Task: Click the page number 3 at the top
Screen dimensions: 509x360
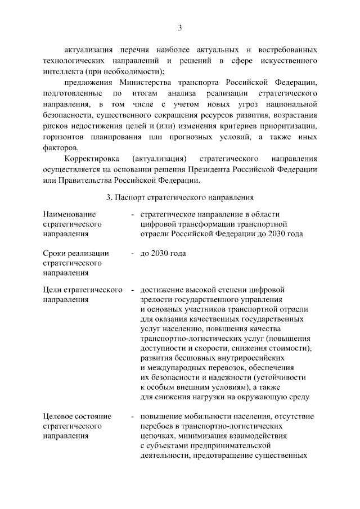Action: point(180,28)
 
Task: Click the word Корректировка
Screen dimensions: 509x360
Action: point(91,159)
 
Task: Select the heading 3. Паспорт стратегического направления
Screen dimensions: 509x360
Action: point(180,197)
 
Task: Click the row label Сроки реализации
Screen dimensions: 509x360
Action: point(76,253)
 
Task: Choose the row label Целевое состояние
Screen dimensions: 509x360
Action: point(77,416)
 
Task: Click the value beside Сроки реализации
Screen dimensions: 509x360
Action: point(163,253)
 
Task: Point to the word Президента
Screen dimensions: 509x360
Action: point(219,169)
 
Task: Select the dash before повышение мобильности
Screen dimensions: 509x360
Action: point(132,416)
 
